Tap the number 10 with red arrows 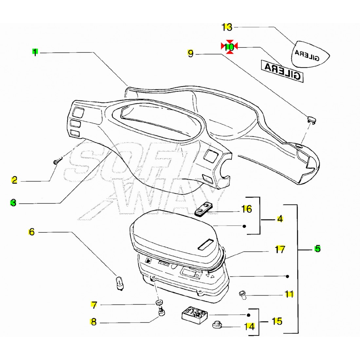click(x=229, y=47)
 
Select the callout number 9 click(x=190, y=53)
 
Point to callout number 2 click(x=14, y=180)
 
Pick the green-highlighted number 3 click(x=13, y=203)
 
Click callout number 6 click(x=31, y=232)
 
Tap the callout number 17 click(x=280, y=249)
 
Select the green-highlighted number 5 click(x=317, y=249)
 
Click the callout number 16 click(x=246, y=209)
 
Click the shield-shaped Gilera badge click(x=310, y=54)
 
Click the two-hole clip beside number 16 click(x=204, y=209)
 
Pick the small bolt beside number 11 click(x=242, y=294)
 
